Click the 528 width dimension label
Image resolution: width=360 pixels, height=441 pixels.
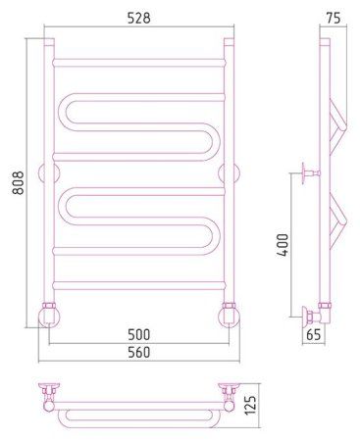139,18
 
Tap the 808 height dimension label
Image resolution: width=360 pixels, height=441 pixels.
19,183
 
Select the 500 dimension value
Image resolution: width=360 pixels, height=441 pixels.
139,335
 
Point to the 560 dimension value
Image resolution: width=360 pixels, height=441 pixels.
139,353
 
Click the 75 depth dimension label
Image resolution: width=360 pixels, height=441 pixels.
333,18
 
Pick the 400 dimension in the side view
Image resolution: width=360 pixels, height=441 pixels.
283,245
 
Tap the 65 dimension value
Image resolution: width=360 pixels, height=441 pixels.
314,335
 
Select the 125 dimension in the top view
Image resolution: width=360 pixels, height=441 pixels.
251,407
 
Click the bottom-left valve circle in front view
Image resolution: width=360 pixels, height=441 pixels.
49,317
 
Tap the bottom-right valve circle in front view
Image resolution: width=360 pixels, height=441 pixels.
229,317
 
